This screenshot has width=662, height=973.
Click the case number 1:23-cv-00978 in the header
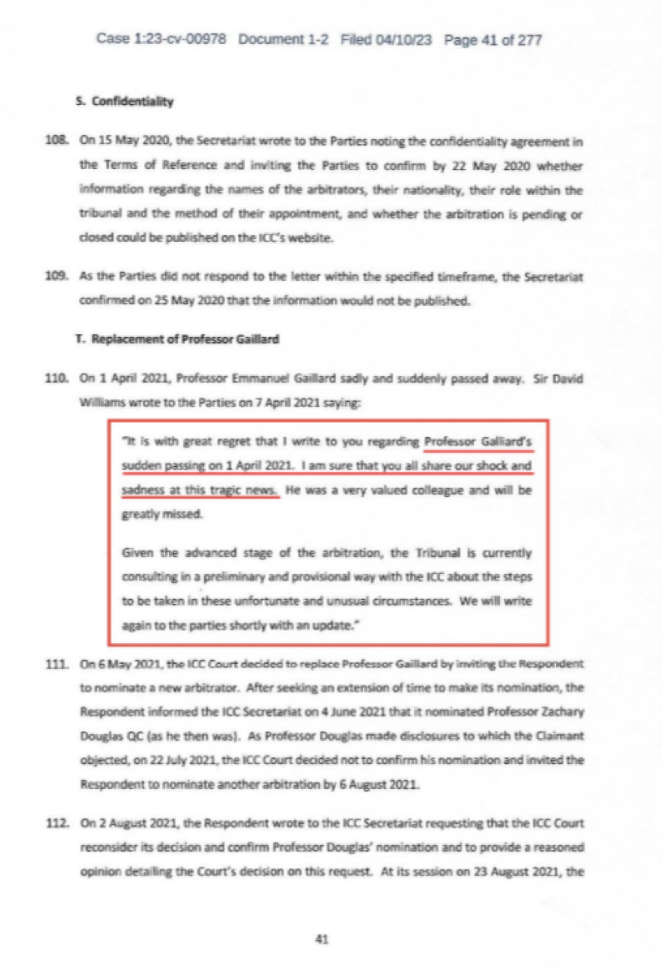click(x=180, y=39)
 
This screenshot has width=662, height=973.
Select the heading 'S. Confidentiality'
click(x=125, y=101)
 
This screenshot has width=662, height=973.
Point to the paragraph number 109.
click(x=56, y=277)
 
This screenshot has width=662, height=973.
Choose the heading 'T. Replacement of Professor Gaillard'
click(x=177, y=339)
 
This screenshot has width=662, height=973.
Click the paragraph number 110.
click(x=56, y=379)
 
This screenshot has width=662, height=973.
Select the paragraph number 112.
click(x=56, y=824)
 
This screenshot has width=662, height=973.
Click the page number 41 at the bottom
click(x=321, y=940)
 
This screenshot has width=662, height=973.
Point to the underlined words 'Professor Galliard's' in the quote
click(x=478, y=442)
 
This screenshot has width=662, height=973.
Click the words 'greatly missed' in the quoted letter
click(x=162, y=514)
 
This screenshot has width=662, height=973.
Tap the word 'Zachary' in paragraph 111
click(x=564, y=712)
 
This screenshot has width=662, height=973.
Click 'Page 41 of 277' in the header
click(x=493, y=40)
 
